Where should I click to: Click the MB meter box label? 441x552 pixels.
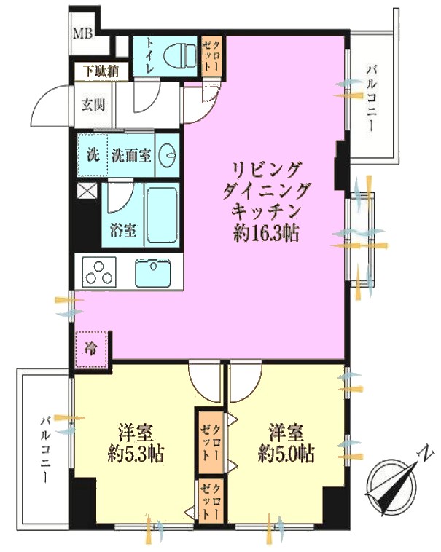83,33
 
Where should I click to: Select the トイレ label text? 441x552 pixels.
149,56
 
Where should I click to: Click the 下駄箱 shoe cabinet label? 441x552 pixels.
101,71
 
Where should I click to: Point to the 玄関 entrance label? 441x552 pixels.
93,104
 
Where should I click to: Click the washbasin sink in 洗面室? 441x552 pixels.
167,155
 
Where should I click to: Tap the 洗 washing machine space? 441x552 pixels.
93,155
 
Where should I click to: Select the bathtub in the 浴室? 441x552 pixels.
161,215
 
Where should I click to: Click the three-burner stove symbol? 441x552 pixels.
99,272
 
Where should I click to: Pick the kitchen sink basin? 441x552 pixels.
153,273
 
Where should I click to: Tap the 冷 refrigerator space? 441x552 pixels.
91,350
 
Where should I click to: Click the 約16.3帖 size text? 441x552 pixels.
266,232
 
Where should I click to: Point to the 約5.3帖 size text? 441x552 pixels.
136,454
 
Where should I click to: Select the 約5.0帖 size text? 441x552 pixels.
286,454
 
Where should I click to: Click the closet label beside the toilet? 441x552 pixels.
211,56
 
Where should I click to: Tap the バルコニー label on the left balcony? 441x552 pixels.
45,450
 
